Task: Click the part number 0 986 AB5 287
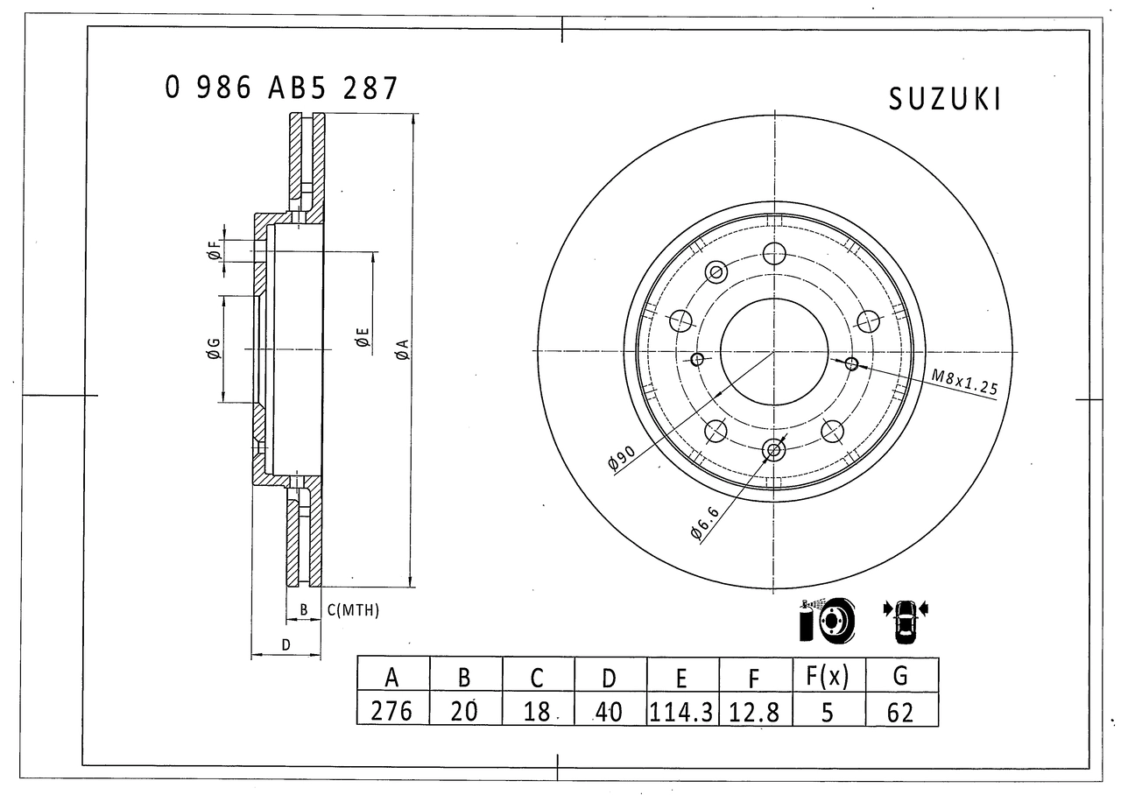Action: tap(281, 88)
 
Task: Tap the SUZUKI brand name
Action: tap(944, 100)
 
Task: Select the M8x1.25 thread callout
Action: tap(964, 383)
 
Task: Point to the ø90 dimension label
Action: tap(621, 460)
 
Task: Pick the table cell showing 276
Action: tap(391, 710)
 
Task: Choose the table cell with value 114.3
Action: tap(681, 710)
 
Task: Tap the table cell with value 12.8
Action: tap(754, 710)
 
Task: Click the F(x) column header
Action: tap(827, 675)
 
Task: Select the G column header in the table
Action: tap(900, 675)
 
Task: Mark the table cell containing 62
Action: tap(900, 710)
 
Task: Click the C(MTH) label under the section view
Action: tap(353, 610)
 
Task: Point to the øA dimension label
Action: tap(402, 350)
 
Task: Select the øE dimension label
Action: tap(362, 337)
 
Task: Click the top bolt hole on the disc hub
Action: tap(773, 254)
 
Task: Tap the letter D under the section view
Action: tap(286, 645)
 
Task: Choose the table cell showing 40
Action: tap(609, 710)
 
